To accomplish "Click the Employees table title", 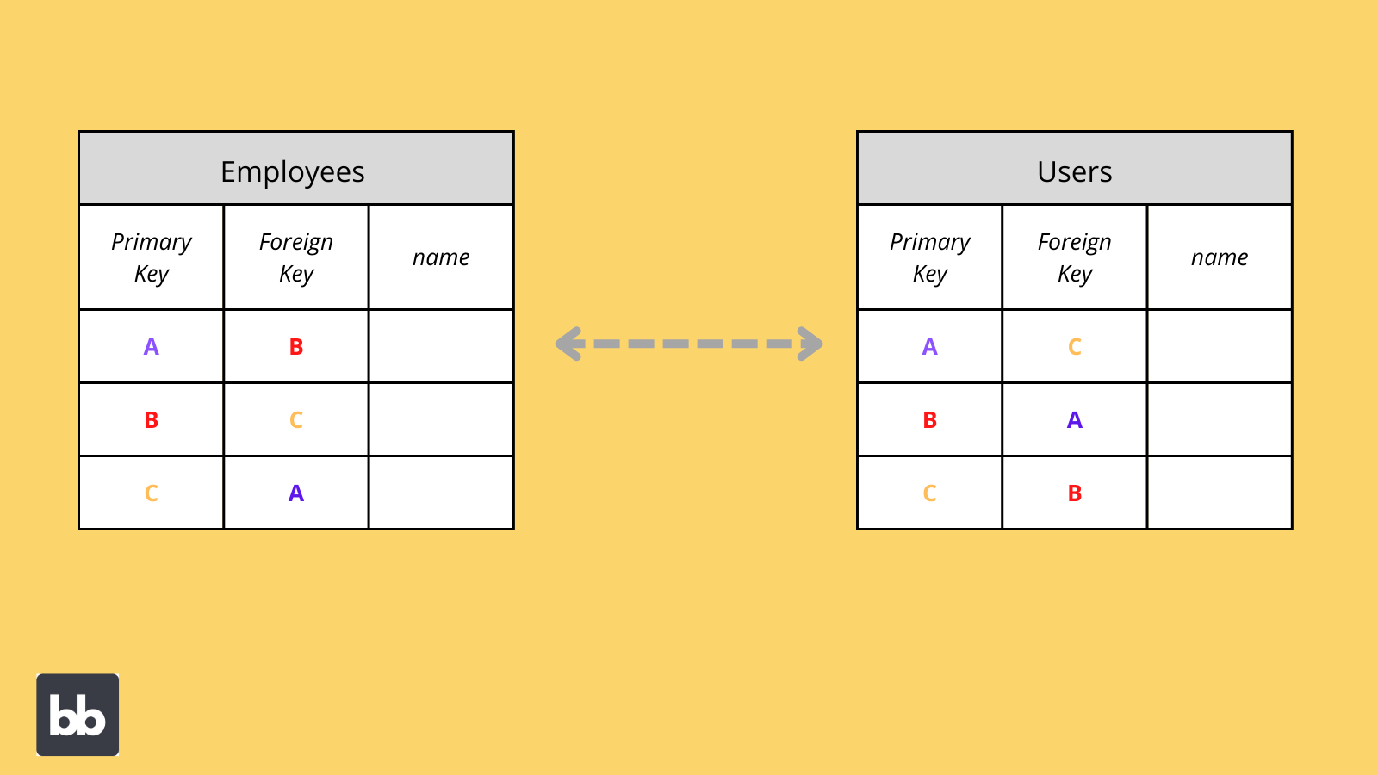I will [x=293, y=172].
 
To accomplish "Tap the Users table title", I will [x=1074, y=172].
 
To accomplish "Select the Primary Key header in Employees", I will [x=152, y=257].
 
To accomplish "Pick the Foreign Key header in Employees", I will [x=296, y=257].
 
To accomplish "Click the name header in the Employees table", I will [x=441, y=257].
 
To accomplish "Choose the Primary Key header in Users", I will [x=930, y=257].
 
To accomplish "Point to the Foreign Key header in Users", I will [x=1075, y=257].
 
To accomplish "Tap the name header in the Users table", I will [x=1220, y=257].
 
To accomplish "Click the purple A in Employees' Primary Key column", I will [x=152, y=347].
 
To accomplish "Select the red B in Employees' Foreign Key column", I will [x=296, y=347].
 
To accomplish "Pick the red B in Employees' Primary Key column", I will [x=152, y=420].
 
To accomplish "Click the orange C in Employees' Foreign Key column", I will [x=296, y=420].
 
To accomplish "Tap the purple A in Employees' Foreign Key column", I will [x=296, y=493].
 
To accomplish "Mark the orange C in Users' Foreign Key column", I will [x=1075, y=347].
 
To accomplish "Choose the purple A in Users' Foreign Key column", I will [x=1075, y=420].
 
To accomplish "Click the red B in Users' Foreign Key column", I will [x=1075, y=493].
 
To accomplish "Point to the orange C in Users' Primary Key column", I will [x=930, y=493].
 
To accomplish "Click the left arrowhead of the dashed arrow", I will [x=568, y=344].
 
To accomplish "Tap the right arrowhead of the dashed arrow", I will [x=810, y=344].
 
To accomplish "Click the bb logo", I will [x=78, y=715].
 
